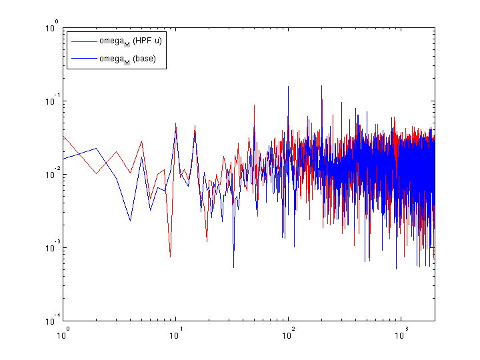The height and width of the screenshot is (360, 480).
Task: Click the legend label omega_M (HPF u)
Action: [x=117, y=41]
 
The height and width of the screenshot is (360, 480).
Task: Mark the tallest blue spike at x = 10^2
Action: [x=288, y=86]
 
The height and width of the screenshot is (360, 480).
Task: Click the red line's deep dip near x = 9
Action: [x=171, y=257]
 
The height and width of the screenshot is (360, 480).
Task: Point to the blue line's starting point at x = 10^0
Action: [x=64, y=158]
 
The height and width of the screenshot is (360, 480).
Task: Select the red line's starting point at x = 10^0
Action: [x=64, y=137]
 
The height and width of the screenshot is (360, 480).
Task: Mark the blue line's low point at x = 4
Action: [x=131, y=220]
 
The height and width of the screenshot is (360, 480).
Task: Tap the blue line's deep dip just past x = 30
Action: [x=233, y=267]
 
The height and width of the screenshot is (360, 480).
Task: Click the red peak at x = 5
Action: [x=142, y=141]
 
